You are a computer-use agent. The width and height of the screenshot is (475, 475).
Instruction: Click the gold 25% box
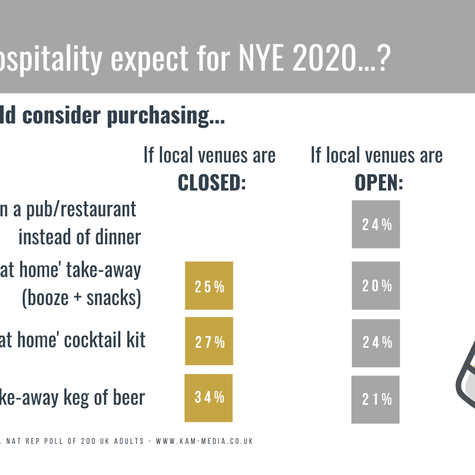209,286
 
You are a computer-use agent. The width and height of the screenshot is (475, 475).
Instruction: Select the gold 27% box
209,341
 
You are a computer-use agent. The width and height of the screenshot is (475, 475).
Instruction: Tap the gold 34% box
209,397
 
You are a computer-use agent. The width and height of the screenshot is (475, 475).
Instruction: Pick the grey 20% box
376,286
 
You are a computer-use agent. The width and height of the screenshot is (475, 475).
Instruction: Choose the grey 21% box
376,399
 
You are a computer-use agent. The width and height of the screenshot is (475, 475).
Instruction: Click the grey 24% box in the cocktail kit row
376,342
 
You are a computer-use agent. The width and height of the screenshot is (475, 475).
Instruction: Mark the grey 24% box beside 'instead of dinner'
376,224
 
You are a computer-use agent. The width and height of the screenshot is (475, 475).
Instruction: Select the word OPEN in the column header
378,183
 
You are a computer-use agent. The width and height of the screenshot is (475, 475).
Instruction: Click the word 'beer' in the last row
128,397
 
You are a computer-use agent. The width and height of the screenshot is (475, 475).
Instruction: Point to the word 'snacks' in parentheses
111,299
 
